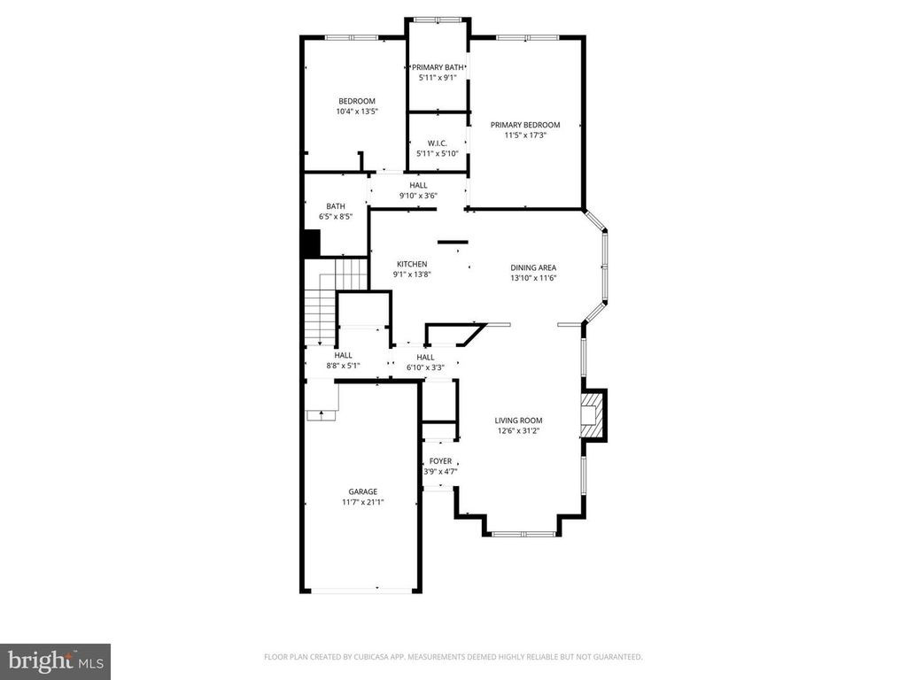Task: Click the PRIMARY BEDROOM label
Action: click(x=525, y=125)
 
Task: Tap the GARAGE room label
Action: click(x=362, y=491)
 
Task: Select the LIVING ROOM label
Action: click(x=518, y=421)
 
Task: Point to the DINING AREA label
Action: click(x=533, y=267)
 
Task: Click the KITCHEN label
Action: click(x=412, y=264)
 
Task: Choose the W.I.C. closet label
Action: click(x=437, y=143)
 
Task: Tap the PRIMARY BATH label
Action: click(x=437, y=67)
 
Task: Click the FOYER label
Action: click(x=440, y=461)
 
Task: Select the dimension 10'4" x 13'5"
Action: click(x=356, y=112)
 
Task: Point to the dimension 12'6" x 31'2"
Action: click(x=518, y=431)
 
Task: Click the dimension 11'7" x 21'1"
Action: click(x=362, y=502)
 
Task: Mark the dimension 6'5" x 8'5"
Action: click(x=336, y=216)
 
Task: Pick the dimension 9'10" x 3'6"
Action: click(x=418, y=196)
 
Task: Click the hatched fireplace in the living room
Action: click(x=591, y=414)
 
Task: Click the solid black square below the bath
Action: click(x=311, y=243)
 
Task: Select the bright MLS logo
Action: click(x=55, y=661)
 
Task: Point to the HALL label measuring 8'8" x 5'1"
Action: click(x=343, y=355)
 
